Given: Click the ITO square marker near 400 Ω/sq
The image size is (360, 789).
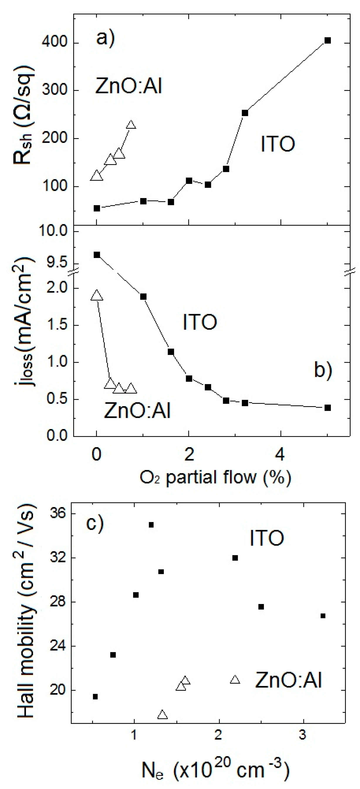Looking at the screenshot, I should (x=328, y=41).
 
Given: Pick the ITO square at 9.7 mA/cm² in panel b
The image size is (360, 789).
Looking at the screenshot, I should (x=97, y=255).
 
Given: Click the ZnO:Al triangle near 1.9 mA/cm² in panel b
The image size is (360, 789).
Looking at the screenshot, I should (x=97, y=295).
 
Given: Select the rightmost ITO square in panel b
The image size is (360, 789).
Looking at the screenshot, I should (x=328, y=408).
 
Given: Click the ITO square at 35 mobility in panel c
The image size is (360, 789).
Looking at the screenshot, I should (x=151, y=525).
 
